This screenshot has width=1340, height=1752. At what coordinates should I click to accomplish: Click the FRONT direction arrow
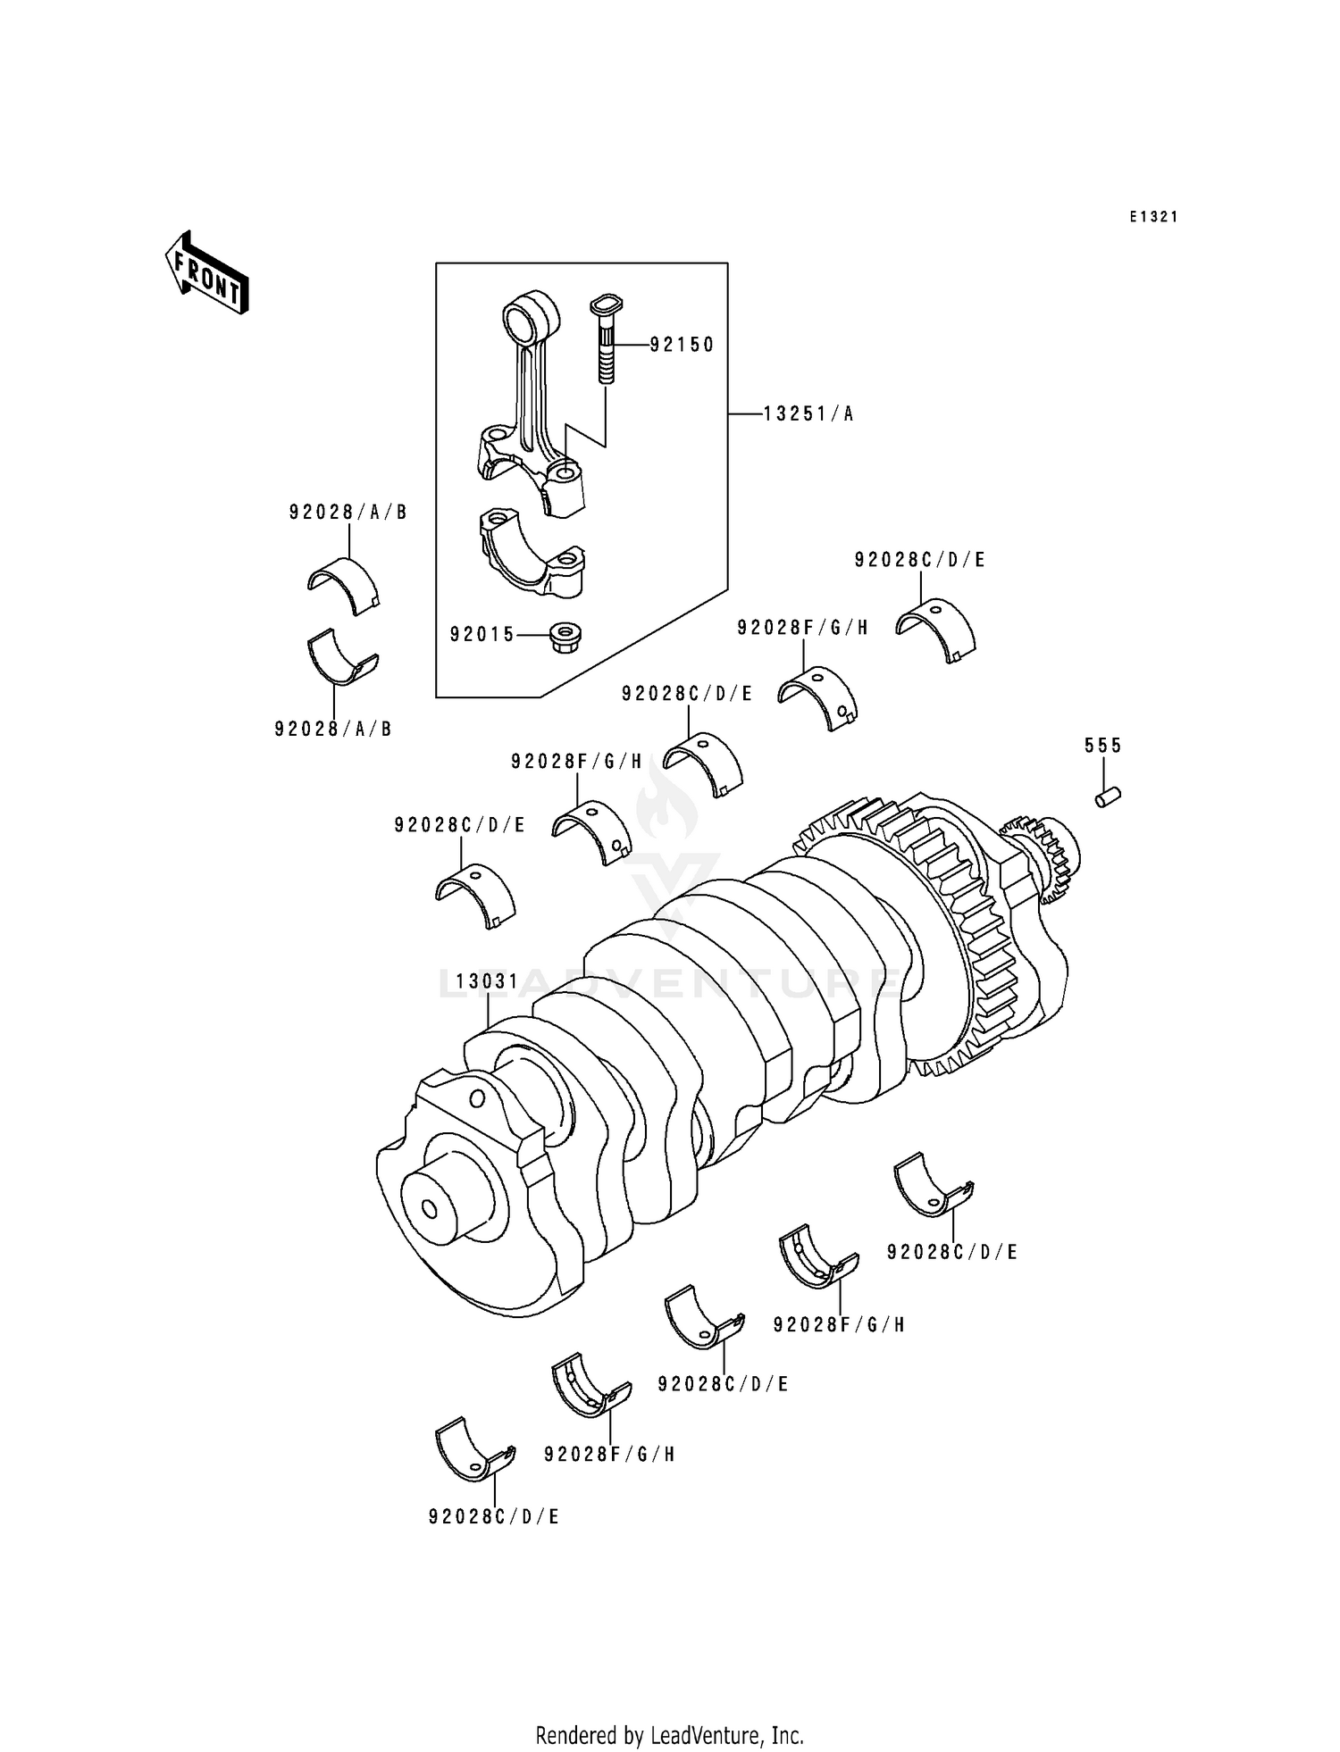[206, 273]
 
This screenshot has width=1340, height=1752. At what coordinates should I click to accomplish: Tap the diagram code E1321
[1153, 217]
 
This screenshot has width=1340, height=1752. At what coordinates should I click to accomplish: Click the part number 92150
[682, 345]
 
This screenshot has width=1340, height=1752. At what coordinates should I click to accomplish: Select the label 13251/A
[808, 414]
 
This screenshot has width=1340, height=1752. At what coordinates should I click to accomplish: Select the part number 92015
[482, 635]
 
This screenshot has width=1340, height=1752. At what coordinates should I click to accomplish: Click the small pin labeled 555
[1109, 797]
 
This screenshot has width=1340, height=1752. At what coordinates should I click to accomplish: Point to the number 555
[1102, 745]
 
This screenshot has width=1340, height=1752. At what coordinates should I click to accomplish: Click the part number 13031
[487, 982]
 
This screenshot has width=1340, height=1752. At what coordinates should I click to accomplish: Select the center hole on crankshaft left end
[429, 1209]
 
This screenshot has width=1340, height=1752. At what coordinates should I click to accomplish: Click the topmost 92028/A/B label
[348, 513]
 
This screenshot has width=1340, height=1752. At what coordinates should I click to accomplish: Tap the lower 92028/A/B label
[333, 729]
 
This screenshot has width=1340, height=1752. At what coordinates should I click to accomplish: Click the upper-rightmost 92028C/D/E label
[919, 560]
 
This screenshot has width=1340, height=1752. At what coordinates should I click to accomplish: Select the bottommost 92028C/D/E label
[494, 1517]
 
